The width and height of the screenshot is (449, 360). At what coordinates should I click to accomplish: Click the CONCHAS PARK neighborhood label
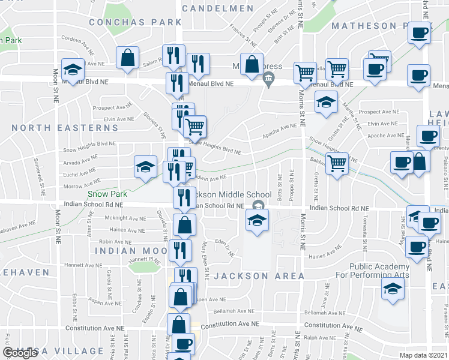tap(134, 22)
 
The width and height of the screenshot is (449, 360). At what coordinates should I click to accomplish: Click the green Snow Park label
tap(107, 194)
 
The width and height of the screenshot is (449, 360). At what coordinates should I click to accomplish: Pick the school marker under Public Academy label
tap(393, 289)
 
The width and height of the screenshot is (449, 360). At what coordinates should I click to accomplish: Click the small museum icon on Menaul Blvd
tap(268, 76)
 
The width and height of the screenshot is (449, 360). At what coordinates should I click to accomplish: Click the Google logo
tap(20, 353)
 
